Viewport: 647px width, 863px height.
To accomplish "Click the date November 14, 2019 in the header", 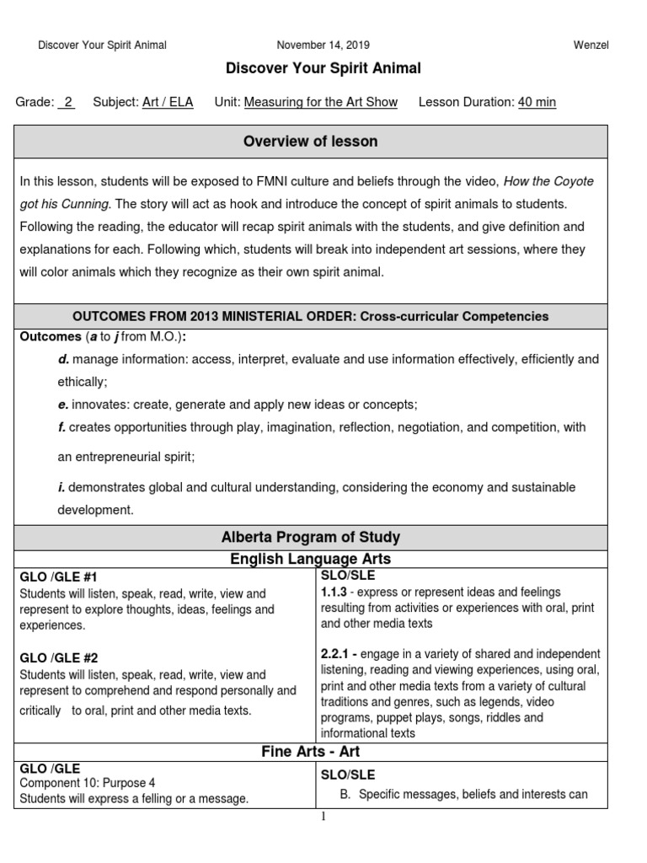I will click(x=323, y=45).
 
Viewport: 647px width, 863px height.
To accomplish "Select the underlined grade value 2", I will click(x=67, y=102).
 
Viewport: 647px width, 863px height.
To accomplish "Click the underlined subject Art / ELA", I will click(x=168, y=102).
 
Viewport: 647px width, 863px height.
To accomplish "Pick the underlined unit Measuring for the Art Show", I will click(x=320, y=102).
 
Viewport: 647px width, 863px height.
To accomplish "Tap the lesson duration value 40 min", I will click(x=537, y=102).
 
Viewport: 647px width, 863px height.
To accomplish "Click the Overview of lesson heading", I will click(x=310, y=142).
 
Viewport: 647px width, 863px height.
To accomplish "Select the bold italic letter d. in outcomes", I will click(x=63, y=359).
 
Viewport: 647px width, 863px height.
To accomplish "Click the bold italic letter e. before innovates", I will click(x=63, y=405).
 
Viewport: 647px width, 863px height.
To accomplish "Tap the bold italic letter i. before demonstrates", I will click(x=61, y=487).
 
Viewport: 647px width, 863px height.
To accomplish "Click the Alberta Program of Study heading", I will click(x=310, y=537).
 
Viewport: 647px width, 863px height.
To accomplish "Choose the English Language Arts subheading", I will click(x=310, y=558).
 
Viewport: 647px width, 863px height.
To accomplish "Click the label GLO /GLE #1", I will click(x=58, y=577).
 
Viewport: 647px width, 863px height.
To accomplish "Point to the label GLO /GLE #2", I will click(x=58, y=657).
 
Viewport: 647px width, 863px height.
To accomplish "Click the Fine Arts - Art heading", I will click(x=310, y=752).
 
